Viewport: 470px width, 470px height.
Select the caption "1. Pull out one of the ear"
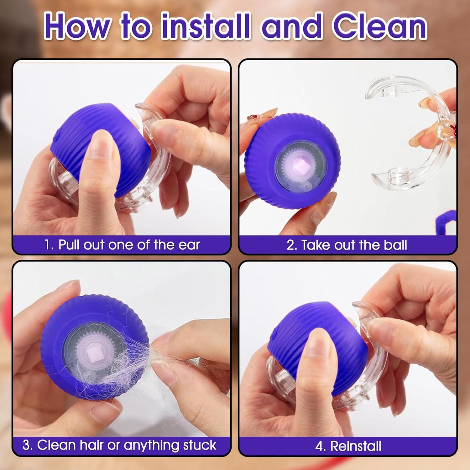122,245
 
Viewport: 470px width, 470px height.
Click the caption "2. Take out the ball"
347,245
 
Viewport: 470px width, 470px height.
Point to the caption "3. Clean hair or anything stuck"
119,445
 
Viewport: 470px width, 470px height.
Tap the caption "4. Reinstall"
348,446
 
